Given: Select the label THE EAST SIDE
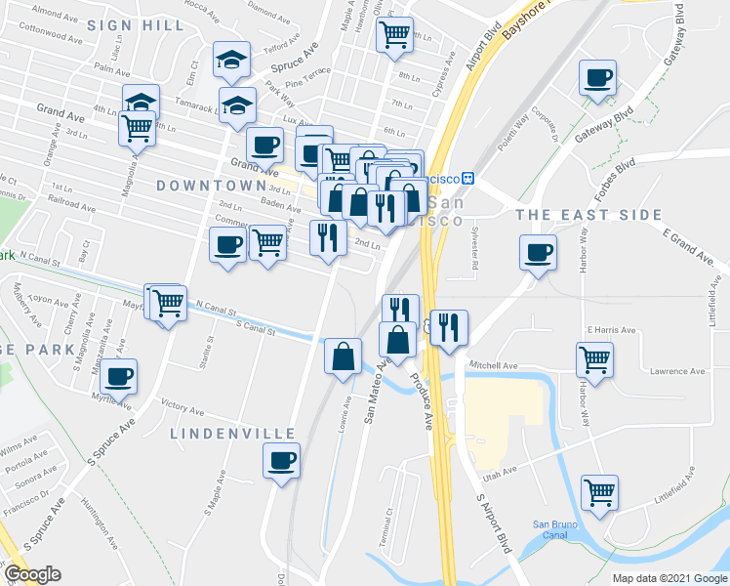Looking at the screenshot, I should (x=588, y=215).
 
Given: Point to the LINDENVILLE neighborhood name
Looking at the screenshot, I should (x=233, y=433).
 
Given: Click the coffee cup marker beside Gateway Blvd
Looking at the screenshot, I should (x=597, y=78).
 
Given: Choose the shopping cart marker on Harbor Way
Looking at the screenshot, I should (x=595, y=359).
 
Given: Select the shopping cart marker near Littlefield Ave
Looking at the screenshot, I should (x=599, y=491).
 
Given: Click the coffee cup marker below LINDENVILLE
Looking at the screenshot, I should (x=282, y=460).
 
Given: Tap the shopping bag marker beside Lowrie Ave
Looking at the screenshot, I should (x=345, y=356).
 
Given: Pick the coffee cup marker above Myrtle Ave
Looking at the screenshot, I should (x=119, y=376).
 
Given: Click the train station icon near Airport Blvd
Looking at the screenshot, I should (x=468, y=179).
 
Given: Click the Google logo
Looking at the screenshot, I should (x=32, y=574).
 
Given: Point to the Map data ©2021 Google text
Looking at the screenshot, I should (x=669, y=578).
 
